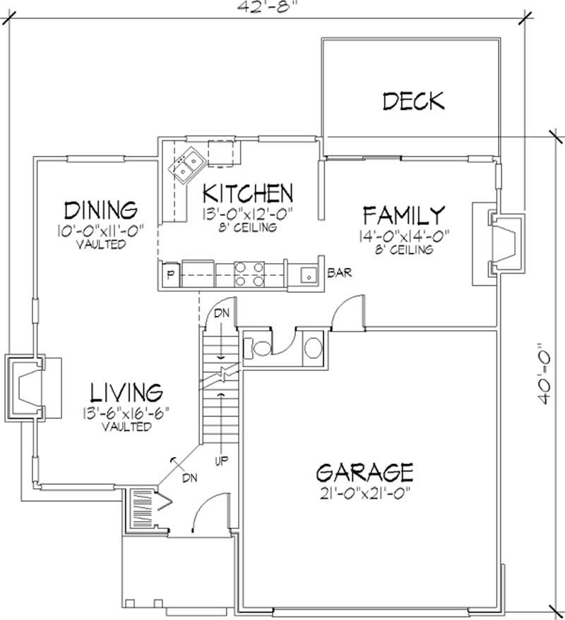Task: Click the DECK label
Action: (413, 101)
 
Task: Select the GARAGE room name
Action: (364, 471)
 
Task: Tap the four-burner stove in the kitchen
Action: (249, 274)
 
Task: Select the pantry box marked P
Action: (169, 275)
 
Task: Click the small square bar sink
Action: (308, 275)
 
